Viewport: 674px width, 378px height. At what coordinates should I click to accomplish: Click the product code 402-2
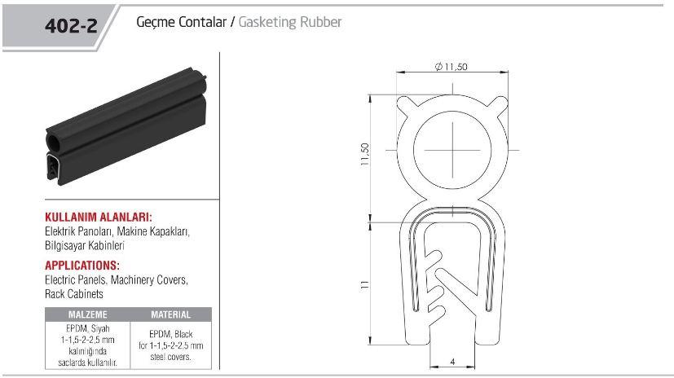tap(71, 26)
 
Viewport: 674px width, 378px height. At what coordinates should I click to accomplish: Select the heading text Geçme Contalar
tap(181, 22)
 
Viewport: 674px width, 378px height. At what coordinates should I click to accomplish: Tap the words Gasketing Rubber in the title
tap(289, 22)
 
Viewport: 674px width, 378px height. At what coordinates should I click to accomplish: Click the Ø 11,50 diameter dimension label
tap(451, 67)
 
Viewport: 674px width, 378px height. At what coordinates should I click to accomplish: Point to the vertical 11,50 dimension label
tap(365, 154)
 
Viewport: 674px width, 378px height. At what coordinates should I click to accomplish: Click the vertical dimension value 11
tap(365, 284)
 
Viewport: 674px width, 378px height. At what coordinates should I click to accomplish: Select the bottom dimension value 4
tap(452, 362)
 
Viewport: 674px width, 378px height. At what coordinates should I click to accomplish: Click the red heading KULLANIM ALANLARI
tap(99, 217)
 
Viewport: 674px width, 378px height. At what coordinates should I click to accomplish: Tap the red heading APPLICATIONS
tap(82, 265)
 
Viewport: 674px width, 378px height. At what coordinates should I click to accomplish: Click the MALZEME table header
tap(88, 314)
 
